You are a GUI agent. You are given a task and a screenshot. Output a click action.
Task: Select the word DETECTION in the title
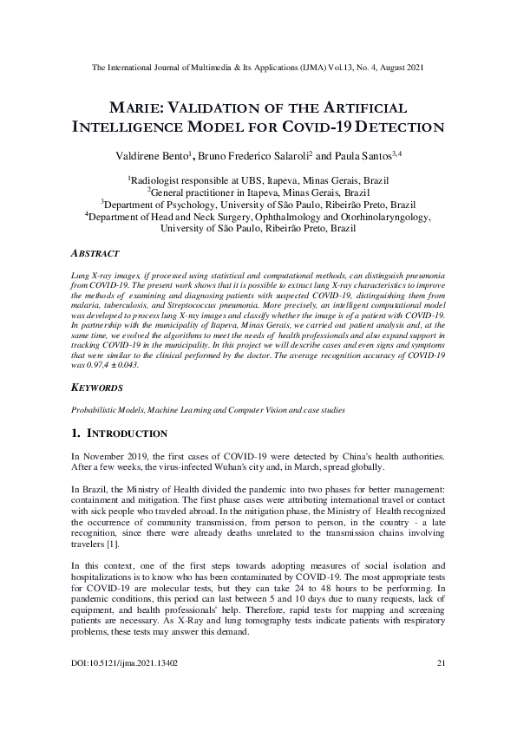click(400, 127)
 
